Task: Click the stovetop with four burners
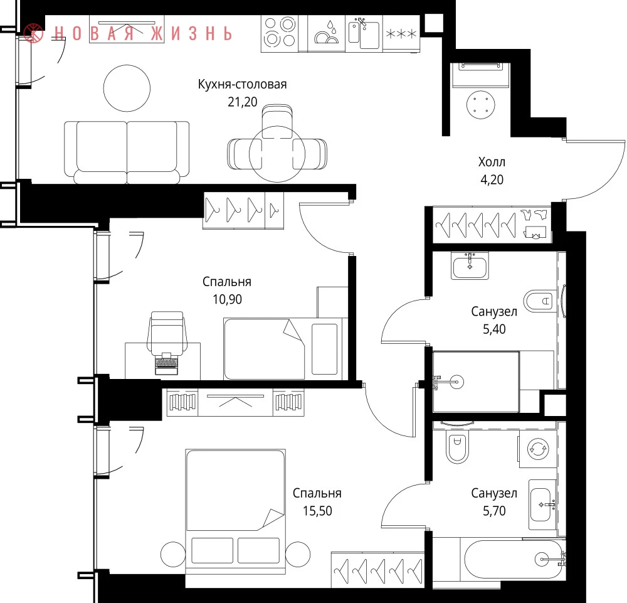(280, 33)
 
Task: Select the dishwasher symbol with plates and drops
(326, 33)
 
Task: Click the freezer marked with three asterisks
(401, 33)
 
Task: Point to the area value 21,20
(242, 102)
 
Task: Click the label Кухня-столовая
(242, 85)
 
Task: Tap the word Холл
(492, 162)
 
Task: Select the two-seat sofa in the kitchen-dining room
(127, 152)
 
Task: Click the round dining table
(277, 154)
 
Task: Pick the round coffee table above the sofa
(127, 88)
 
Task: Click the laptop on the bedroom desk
(166, 363)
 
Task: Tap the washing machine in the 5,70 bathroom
(538, 448)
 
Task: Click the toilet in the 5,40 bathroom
(540, 301)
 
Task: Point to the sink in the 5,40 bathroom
(470, 265)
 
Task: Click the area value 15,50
(317, 511)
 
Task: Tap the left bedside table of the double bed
(173, 555)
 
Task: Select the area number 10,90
(227, 299)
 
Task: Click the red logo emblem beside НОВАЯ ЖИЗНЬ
(34, 33)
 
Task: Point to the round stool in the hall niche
(481, 105)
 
